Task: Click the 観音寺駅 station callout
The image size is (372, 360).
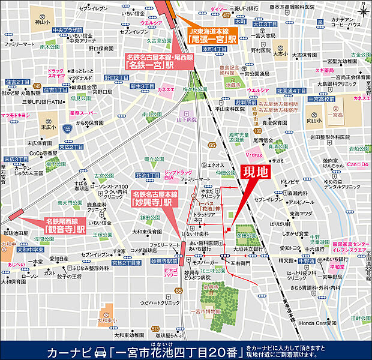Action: [65, 226]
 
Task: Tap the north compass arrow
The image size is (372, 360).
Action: [364, 8]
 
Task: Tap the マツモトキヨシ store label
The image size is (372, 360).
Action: [16, 114]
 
